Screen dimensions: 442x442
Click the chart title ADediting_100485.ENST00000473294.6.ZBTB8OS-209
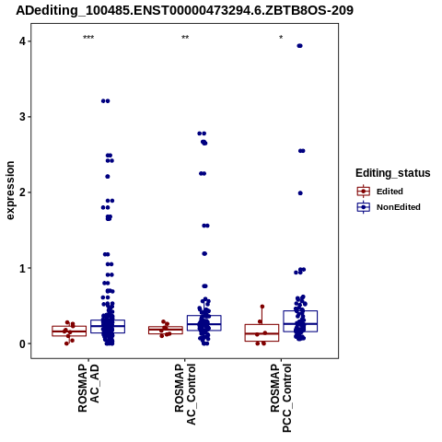point(184,11)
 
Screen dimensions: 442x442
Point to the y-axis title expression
point(10,191)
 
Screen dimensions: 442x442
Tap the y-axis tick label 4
point(22,41)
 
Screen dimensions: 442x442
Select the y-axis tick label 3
point(22,117)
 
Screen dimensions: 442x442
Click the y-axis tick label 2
point(22,192)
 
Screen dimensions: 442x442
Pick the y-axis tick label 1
point(22,268)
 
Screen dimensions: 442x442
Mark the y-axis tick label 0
point(22,343)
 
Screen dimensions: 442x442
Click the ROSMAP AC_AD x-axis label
point(88,388)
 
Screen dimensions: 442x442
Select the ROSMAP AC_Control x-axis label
point(185,394)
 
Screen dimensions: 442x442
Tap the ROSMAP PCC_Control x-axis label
point(281,398)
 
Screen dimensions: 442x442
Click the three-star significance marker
point(88,38)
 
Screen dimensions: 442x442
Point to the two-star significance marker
point(185,38)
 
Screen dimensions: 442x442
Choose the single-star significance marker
point(281,38)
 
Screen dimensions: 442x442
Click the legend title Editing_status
point(393,173)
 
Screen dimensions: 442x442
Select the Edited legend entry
point(380,192)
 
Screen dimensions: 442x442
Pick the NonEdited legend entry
point(389,207)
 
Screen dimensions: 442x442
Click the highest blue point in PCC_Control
point(299,46)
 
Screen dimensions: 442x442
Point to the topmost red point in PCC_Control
point(262,307)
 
